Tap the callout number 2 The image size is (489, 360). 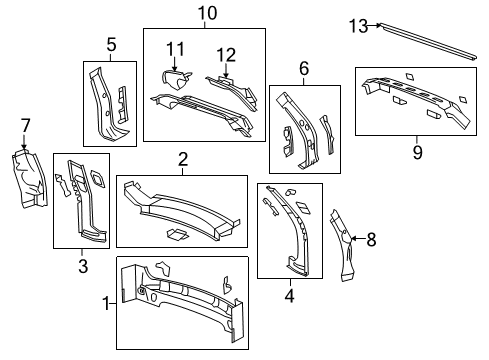pyautogui.click(x=183, y=160)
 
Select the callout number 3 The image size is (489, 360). pyautogui.click(x=83, y=265)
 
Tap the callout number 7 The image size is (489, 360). pyautogui.click(x=25, y=124)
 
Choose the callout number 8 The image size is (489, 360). pyautogui.click(x=371, y=239)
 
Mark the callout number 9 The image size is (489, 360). pyautogui.click(x=418, y=152)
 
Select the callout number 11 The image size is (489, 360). pyautogui.click(x=175, y=48)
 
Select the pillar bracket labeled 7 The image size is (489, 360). pyautogui.click(x=25, y=180)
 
